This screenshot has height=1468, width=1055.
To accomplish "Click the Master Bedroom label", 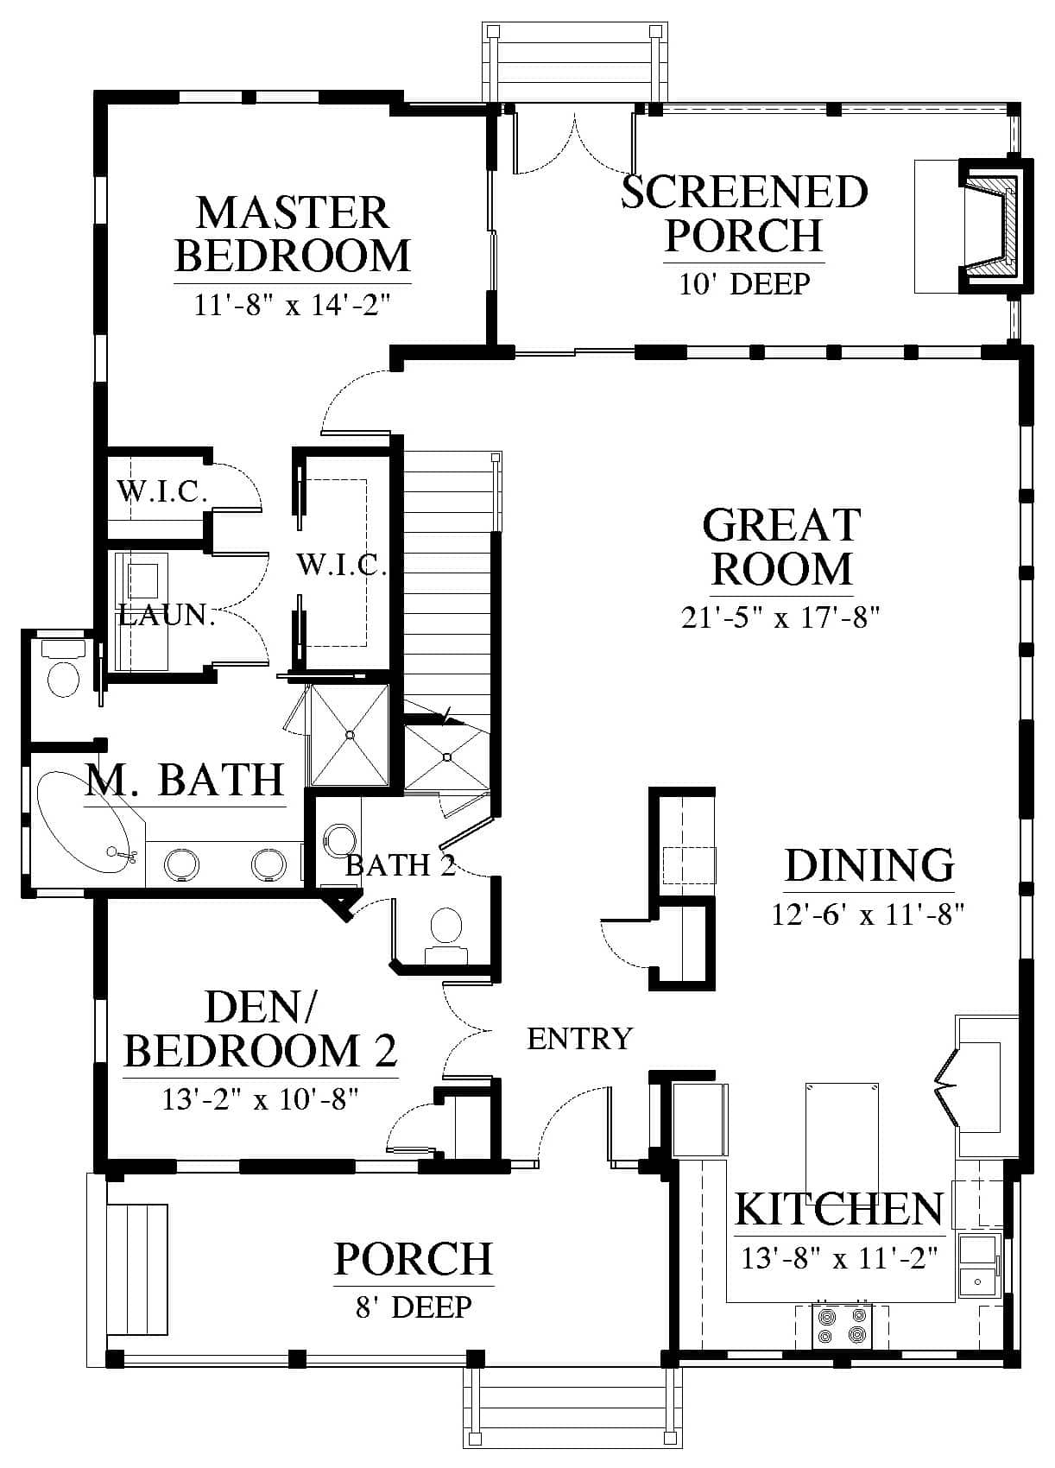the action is pos(293,234).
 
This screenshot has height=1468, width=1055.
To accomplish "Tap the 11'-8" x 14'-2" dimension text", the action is pos(293,305).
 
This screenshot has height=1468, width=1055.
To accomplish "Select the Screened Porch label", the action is pos(744,213).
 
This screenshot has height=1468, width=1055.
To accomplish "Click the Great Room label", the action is pos(781,547).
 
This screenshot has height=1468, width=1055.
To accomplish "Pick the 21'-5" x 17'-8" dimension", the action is pos(780,617).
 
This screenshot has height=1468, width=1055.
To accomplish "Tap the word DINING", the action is pos(869,866).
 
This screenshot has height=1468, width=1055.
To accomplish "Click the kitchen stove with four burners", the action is pos(842,1326).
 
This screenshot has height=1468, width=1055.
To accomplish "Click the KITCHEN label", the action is pos(839,1209).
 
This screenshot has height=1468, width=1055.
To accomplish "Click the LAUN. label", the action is pos(167,615).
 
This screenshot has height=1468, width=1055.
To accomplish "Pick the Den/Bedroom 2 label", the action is pos(261,1029).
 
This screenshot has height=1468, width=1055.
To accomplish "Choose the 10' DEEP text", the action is pos(744,284).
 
